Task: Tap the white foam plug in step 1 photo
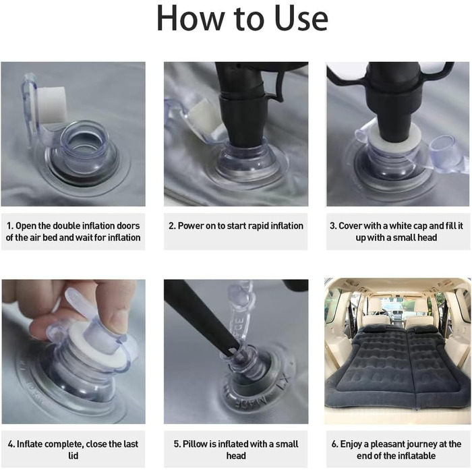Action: pos(51,105)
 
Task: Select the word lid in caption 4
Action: pos(73,456)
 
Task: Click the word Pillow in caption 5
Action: pos(195,444)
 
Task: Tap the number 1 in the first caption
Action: pos(9,226)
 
